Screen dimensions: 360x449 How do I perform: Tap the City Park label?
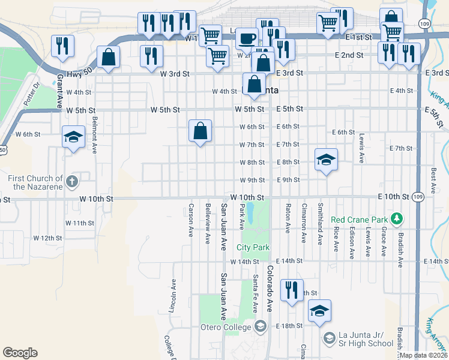pos(253,247)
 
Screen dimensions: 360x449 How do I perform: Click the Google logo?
pos(20,353)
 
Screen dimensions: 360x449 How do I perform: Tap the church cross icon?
pos(71,181)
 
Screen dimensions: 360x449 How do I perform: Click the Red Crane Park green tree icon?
pos(396,217)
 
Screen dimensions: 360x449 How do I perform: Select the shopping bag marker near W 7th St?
pos(200,131)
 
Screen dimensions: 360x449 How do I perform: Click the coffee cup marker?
pos(246,38)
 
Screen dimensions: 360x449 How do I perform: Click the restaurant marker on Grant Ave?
pos(63,46)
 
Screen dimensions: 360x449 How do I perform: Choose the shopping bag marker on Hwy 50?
pos(108,58)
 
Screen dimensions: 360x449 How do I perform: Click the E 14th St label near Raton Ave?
pos(291,261)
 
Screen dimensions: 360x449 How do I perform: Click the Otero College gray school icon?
pos(260,326)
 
